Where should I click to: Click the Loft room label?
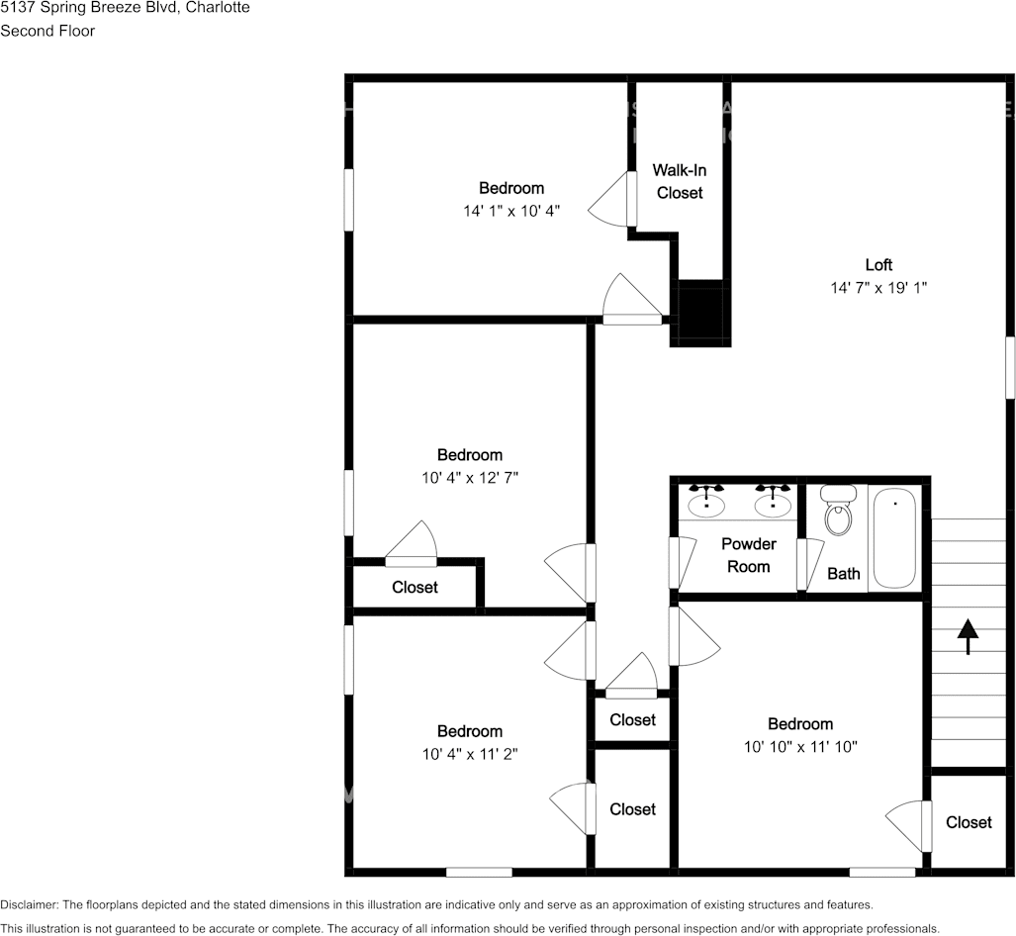(878, 264)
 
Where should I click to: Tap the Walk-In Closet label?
(680, 181)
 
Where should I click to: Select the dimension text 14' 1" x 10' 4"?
(511, 211)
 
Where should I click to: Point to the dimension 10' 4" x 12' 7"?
(470, 478)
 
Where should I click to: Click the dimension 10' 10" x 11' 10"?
(800, 747)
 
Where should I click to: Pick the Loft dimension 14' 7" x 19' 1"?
(878, 288)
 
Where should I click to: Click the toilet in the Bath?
(839, 513)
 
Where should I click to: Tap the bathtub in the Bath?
(894, 538)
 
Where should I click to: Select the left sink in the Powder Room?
(706, 505)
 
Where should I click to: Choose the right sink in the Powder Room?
(773, 505)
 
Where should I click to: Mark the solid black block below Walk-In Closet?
(701, 313)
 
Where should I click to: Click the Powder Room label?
(748, 555)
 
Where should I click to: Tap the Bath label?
(844, 574)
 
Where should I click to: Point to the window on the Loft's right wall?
(1010, 368)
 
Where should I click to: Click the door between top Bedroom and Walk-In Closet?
(631, 199)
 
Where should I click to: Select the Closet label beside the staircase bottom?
(969, 822)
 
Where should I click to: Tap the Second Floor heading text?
(47, 31)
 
